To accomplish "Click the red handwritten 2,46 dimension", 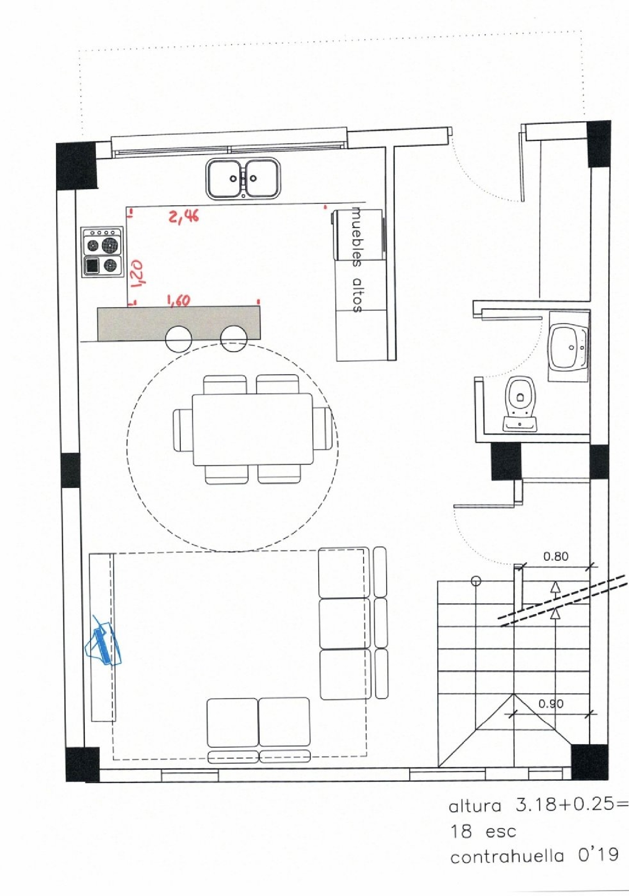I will pyautogui.click(x=184, y=216).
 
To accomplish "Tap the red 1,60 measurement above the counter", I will pyautogui.click(x=179, y=300).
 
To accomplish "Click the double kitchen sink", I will pyautogui.click(x=243, y=179).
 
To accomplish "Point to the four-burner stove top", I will pyautogui.click(x=103, y=251).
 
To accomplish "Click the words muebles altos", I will pyautogui.click(x=356, y=260).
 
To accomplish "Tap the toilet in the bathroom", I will pyautogui.click(x=520, y=403).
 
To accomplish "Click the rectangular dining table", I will pyautogui.click(x=252, y=429).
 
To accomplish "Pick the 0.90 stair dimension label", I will pyautogui.click(x=551, y=703).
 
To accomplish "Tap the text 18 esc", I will pyautogui.click(x=483, y=831).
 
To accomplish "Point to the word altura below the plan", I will pyautogui.click(x=475, y=806).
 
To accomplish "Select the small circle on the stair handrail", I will pyautogui.click(x=476, y=581).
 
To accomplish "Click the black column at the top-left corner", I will pyautogui.click(x=76, y=166).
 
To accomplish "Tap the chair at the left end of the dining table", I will pyautogui.click(x=182, y=430).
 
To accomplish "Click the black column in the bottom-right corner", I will pyautogui.click(x=590, y=761).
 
